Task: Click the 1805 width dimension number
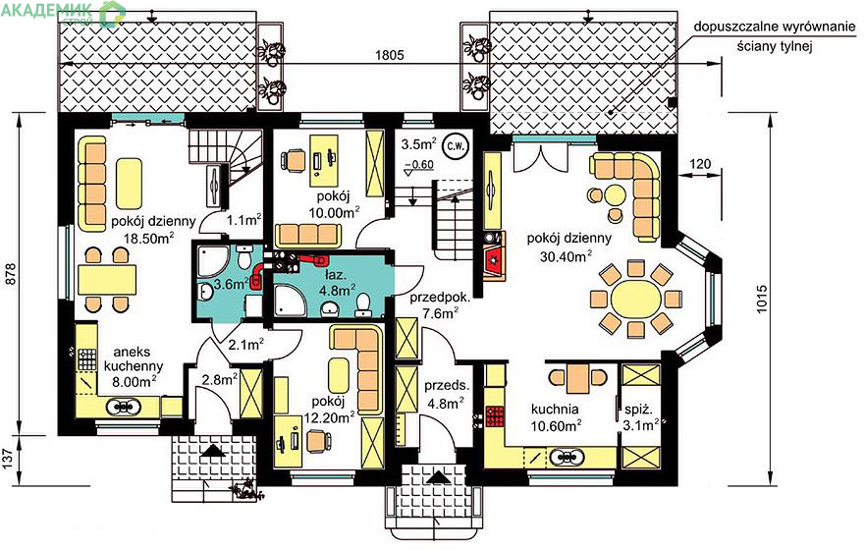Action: point(390,55)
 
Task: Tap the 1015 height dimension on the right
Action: point(762,300)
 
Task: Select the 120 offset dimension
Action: point(700,163)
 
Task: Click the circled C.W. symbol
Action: point(456,146)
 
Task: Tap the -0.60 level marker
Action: point(419,164)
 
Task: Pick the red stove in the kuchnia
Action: point(494,416)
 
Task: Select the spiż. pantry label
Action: point(638,410)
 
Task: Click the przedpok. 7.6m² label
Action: point(440,305)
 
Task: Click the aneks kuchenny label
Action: point(134,358)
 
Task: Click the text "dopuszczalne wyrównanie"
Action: point(775,27)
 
